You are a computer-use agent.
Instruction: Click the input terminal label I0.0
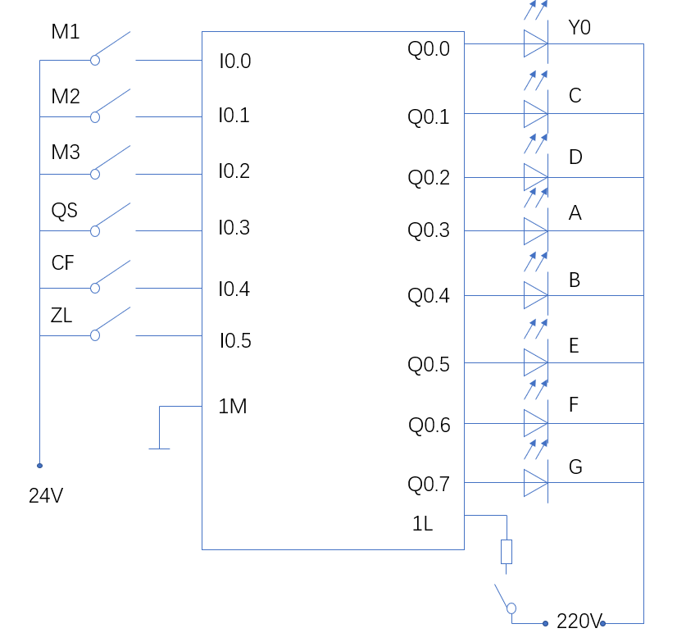click(234, 61)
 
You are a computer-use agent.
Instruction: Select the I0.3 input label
click(234, 228)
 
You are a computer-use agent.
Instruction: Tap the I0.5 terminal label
click(234, 340)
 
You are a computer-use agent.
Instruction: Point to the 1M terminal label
click(233, 406)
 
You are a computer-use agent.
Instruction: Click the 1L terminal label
click(423, 524)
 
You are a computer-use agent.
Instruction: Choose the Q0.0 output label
click(429, 49)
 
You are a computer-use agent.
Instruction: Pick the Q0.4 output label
click(429, 296)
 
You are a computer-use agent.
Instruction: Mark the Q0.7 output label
click(429, 485)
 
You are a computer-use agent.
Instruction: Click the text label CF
click(63, 263)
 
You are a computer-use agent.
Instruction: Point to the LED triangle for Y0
click(535, 44)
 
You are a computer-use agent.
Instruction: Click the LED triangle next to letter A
click(535, 230)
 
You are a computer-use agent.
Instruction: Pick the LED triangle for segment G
click(535, 483)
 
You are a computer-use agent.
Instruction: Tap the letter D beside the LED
click(575, 157)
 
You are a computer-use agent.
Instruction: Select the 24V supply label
click(46, 495)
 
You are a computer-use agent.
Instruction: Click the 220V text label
click(579, 621)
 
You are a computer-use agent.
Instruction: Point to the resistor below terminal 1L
click(507, 552)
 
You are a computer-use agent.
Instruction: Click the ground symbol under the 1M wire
click(160, 448)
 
